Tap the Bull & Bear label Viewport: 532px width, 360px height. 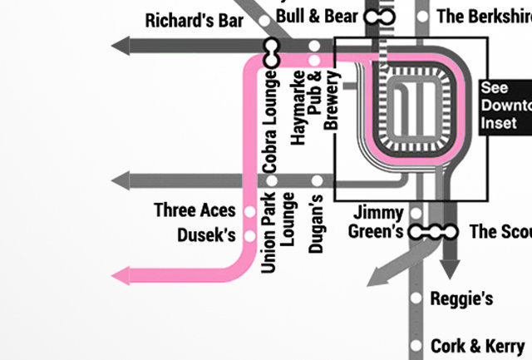317,16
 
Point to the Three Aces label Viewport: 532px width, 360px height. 195,210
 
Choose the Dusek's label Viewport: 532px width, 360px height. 206,236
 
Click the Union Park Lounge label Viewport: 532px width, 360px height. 278,232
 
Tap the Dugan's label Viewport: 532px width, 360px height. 315,223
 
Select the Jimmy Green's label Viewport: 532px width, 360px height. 378,222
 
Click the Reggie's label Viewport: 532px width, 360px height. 461,298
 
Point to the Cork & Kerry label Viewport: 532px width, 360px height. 477,345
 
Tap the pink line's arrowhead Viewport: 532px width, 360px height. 124,276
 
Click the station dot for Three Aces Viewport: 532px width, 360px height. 250,211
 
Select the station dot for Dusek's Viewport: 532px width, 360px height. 250,237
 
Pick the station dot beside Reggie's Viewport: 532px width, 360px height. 417,298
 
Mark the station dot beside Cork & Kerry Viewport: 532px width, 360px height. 417,345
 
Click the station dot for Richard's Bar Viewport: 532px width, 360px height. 264,21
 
